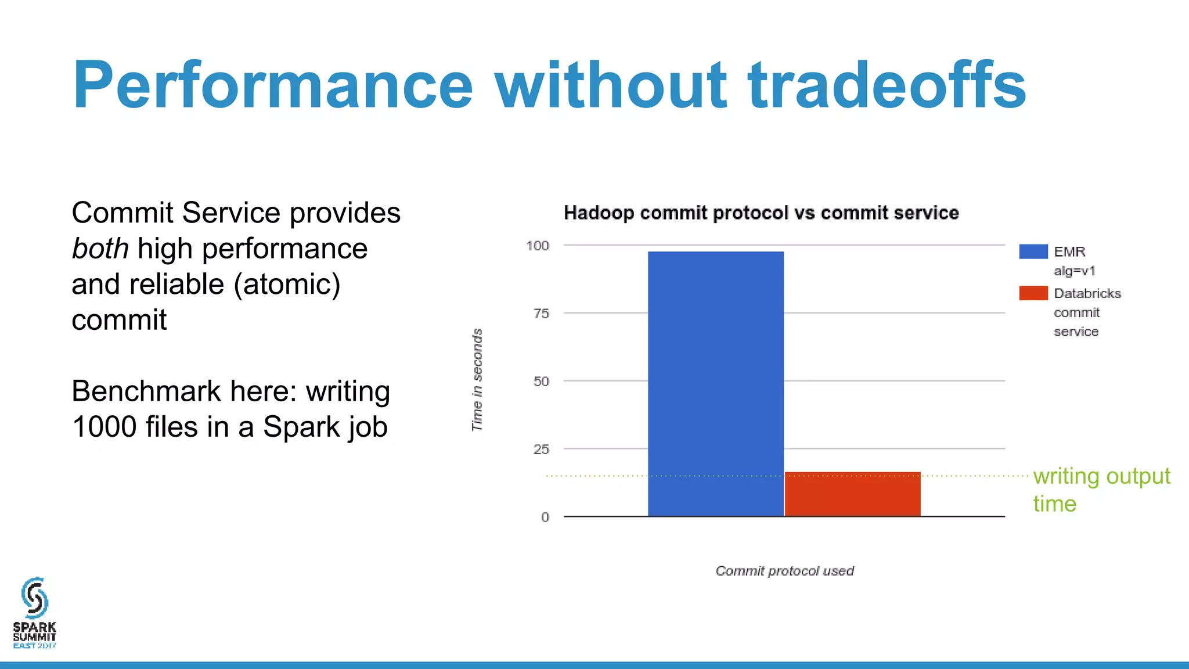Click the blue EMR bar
pyautogui.click(x=715, y=383)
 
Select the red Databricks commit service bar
pyautogui.click(x=852, y=494)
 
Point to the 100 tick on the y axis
pyautogui.click(x=538, y=246)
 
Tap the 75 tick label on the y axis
pyautogui.click(x=541, y=314)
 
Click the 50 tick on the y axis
pyautogui.click(x=541, y=382)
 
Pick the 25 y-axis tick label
pyautogui.click(x=541, y=449)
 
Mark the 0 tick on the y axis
pyautogui.click(x=545, y=517)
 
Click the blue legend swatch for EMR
pyautogui.click(x=1033, y=251)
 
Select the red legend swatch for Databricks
pyautogui.click(x=1033, y=293)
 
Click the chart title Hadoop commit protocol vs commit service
pyautogui.click(x=761, y=213)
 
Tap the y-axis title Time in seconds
pyautogui.click(x=477, y=380)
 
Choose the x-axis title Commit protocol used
pyautogui.click(x=784, y=571)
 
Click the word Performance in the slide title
pyautogui.click(x=273, y=85)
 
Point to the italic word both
pyautogui.click(x=100, y=249)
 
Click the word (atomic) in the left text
pyautogui.click(x=287, y=285)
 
